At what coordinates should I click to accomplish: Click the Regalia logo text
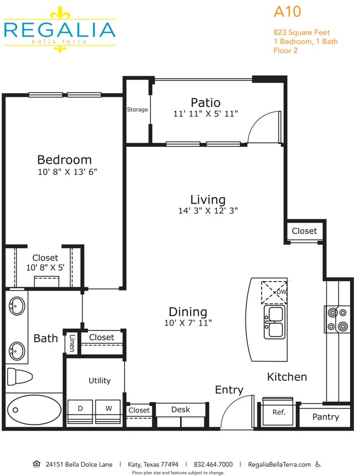pyautogui.click(x=59, y=29)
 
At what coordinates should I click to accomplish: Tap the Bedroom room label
pyautogui.click(x=64, y=160)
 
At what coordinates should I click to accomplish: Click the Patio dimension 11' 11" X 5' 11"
pyautogui.click(x=205, y=113)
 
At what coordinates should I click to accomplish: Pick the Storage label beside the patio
pyautogui.click(x=137, y=110)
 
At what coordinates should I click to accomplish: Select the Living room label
pyautogui.click(x=208, y=199)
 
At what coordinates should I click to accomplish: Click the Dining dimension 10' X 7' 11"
pyautogui.click(x=188, y=323)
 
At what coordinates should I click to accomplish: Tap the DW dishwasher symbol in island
pyautogui.click(x=275, y=292)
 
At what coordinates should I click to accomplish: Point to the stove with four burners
pyautogui.click(x=337, y=319)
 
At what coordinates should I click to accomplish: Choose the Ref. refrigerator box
pyautogui.click(x=279, y=412)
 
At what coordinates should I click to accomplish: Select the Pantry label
pyautogui.click(x=325, y=417)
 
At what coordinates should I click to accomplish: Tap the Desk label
pyautogui.click(x=181, y=410)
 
